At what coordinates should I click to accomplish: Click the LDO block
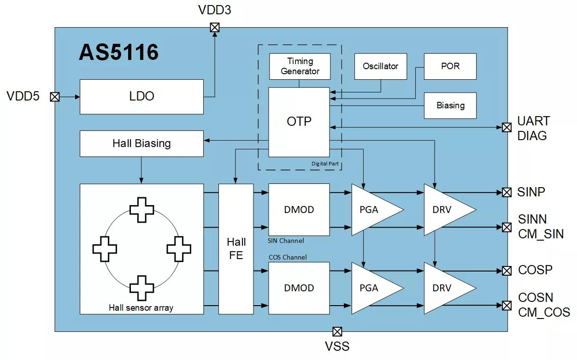[141, 97]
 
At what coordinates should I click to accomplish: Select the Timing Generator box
[300, 66]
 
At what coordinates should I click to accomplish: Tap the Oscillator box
[380, 66]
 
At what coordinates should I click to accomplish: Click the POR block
[450, 66]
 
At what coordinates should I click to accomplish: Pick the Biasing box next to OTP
[450, 106]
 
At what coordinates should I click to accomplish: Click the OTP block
[299, 122]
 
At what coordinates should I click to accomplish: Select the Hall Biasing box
[141, 143]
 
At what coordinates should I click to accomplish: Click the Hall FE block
[236, 249]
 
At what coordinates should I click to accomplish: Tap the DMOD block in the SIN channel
[299, 210]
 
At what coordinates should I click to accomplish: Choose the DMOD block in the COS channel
[299, 288]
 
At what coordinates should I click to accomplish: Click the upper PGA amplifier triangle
[371, 210]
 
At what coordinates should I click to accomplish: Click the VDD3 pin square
[214, 27]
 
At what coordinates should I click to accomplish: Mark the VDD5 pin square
[55, 97]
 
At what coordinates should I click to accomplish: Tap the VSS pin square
[337, 331]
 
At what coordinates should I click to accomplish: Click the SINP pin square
[507, 192]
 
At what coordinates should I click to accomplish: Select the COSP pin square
[507, 271]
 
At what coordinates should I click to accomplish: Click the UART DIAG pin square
[507, 127]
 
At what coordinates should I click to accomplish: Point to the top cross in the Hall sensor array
[141, 210]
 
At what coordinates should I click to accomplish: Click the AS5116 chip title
[118, 53]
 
